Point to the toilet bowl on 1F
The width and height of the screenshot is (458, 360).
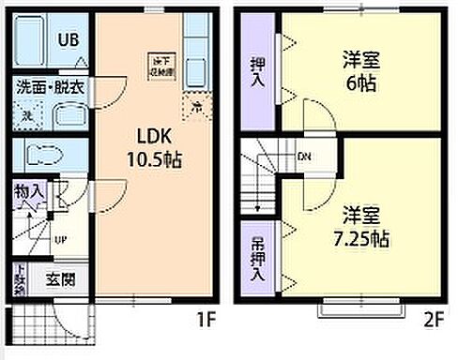point(42,155)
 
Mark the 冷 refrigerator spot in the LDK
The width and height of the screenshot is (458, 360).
point(196,107)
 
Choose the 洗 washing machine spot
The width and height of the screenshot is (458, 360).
point(27,115)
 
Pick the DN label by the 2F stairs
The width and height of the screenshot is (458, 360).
point(305,157)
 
